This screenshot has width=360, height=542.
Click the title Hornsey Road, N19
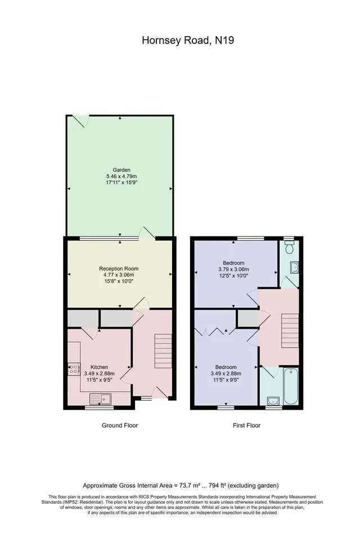pos(188,41)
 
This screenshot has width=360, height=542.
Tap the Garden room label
pos(121,170)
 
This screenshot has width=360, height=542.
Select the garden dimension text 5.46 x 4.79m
pos(121,176)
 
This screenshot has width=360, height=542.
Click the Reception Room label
pos(119,268)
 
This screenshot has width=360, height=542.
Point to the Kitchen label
pos(99,367)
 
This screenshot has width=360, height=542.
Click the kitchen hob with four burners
pos(73,369)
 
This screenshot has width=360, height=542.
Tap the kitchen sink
pos(100,399)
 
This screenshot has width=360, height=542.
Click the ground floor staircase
pos(163,351)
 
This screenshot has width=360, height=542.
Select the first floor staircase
pos(290,331)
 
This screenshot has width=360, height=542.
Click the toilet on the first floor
pos(289,247)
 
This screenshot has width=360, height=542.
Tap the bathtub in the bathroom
pos(291,387)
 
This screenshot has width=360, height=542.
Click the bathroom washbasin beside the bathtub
pos(273,401)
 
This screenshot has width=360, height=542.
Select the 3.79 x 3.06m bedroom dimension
pos(233,269)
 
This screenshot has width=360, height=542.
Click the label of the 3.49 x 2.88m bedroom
pos(226,367)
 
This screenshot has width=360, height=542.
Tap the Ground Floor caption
pos(120,425)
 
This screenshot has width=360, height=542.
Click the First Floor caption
pos(246,425)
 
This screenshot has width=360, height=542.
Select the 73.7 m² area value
pos(188,485)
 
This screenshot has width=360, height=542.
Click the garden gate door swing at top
pos(82,121)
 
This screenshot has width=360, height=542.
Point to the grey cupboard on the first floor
pos(248,319)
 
